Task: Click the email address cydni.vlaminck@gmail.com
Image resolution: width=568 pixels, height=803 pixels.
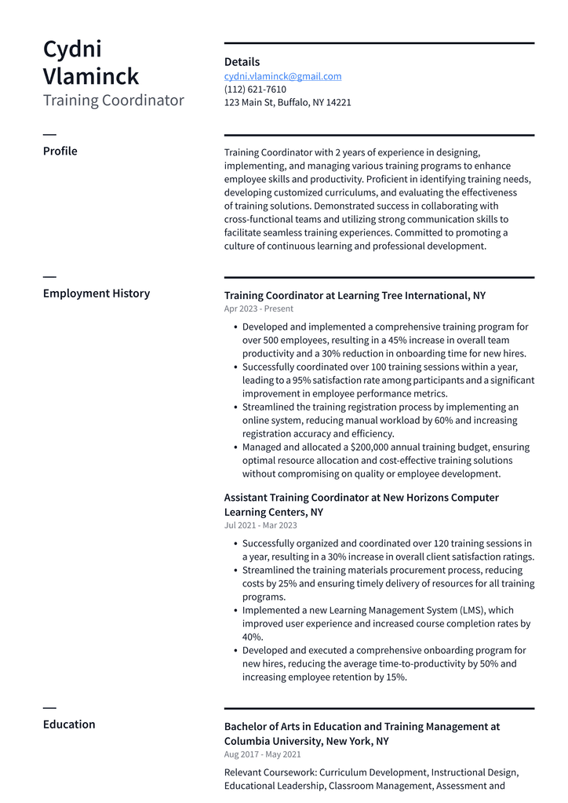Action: pyautogui.click(x=282, y=76)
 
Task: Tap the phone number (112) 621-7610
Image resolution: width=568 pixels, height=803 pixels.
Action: pyautogui.click(x=255, y=89)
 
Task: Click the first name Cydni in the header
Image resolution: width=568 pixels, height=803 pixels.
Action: pyautogui.click(x=72, y=49)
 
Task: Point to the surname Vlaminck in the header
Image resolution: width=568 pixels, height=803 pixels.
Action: pyautogui.click(x=90, y=77)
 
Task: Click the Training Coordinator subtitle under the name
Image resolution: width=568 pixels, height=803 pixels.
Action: pyautogui.click(x=113, y=100)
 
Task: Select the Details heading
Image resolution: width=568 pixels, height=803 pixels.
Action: pyautogui.click(x=242, y=62)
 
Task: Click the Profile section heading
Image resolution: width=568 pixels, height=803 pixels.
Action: pyautogui.click(x=60, y=151)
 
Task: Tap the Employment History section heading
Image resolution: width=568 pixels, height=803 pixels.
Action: pyautogui.click(x=96, y=294)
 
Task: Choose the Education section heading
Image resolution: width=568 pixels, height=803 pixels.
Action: pyautogui.click(x=69, y=725)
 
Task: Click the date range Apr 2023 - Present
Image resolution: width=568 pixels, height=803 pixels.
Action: pyautogui.click(x=258, y=309)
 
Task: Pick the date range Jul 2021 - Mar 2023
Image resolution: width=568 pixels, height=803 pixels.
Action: pyautogui.click(x=260, y=526)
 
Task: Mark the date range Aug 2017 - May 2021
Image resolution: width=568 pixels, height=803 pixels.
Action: pyautogui.click(x=262, y=755)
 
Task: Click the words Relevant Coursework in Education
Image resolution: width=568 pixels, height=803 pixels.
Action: pyautogui.click(x=270, y=772)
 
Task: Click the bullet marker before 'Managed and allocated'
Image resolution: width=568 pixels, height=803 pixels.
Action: pyautogui.click(x=235, y=447)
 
